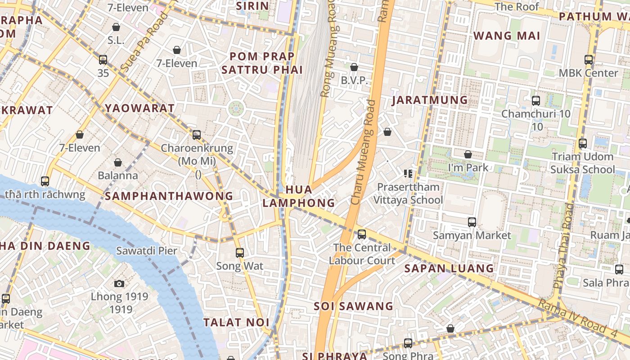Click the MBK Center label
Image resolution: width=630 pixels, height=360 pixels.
[588, 73]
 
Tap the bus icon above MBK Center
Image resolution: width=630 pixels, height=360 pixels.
[588, 59]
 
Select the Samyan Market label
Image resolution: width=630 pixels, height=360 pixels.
[472, 235]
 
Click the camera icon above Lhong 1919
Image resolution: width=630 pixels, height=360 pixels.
[119, 283]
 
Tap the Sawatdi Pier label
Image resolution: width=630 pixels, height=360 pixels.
[147, 251]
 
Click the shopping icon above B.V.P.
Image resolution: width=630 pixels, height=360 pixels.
[354, 67]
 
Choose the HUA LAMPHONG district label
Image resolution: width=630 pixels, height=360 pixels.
[299, 196]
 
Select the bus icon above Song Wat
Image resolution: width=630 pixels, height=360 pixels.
[240, 253]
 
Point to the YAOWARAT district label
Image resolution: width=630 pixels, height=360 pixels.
[139, 108]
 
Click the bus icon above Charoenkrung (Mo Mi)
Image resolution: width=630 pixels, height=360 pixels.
[197, 135]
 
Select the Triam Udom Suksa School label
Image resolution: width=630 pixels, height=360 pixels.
[582, 163]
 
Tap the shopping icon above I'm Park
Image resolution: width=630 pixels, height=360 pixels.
[468, 154]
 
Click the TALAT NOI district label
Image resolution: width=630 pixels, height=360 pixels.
[236, 323]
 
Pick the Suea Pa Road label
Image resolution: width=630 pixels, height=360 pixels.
[144, 43]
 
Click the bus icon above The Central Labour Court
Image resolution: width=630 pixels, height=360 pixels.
[361, 234]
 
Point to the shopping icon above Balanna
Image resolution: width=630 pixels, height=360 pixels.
[118, 162]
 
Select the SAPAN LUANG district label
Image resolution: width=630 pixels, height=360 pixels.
[449, 269]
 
